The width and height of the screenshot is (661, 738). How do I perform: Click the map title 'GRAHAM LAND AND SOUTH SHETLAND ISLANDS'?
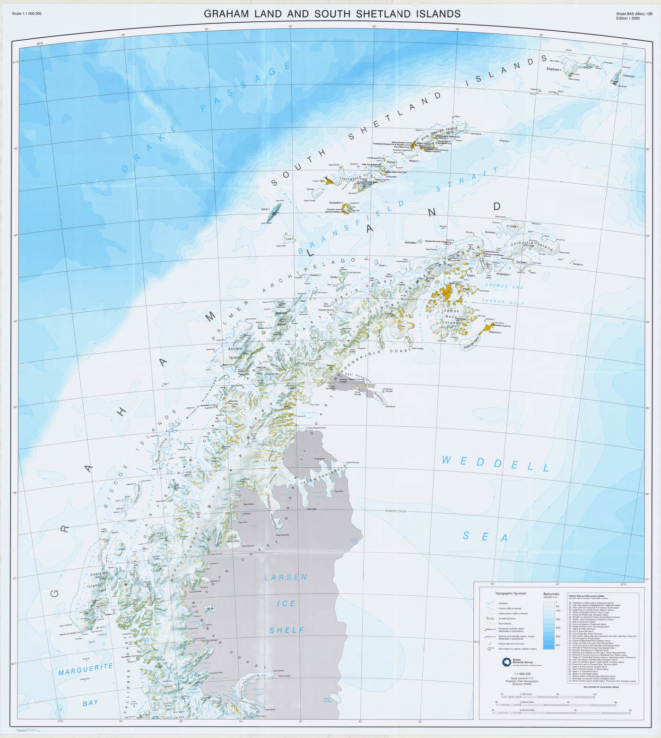pyautogui.click(x=332, y=14)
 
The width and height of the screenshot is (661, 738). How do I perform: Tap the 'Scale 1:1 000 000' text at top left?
pyautogui.click(x=26, y=14)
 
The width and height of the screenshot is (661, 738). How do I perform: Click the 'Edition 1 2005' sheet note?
pyautogui.click(x=628, y=18)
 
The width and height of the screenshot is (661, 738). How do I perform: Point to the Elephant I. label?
pyautogui.click(x=554, y=69)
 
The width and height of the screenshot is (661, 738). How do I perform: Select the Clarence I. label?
pyautogui.click(x=629, y=76)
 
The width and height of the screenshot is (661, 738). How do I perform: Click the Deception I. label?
pyautogui.click(x=336, y=203)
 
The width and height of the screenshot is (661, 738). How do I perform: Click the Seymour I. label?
pyautogui.click(x=495, y=332)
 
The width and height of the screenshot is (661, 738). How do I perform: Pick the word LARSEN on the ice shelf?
pyautogui.click(x=286, y=577)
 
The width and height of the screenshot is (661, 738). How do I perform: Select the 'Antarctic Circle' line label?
pyautogui.click(x=395, y=511)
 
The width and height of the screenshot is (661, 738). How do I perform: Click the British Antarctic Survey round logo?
pyautogui.click(x=507, y=662)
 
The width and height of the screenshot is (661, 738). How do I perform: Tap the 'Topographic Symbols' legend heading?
pyautogui.click(x=510, y=593)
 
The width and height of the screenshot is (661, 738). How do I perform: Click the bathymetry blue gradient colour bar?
pyautogui.click(x=548, y=624)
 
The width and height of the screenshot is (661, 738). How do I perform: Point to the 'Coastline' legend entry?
pyautogui.click(x=503, y=603)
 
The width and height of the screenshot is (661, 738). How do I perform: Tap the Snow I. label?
pyautogui.click(x=310, y=189)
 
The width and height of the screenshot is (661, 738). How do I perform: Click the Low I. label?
pyautogui.click(x=289, y=239)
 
